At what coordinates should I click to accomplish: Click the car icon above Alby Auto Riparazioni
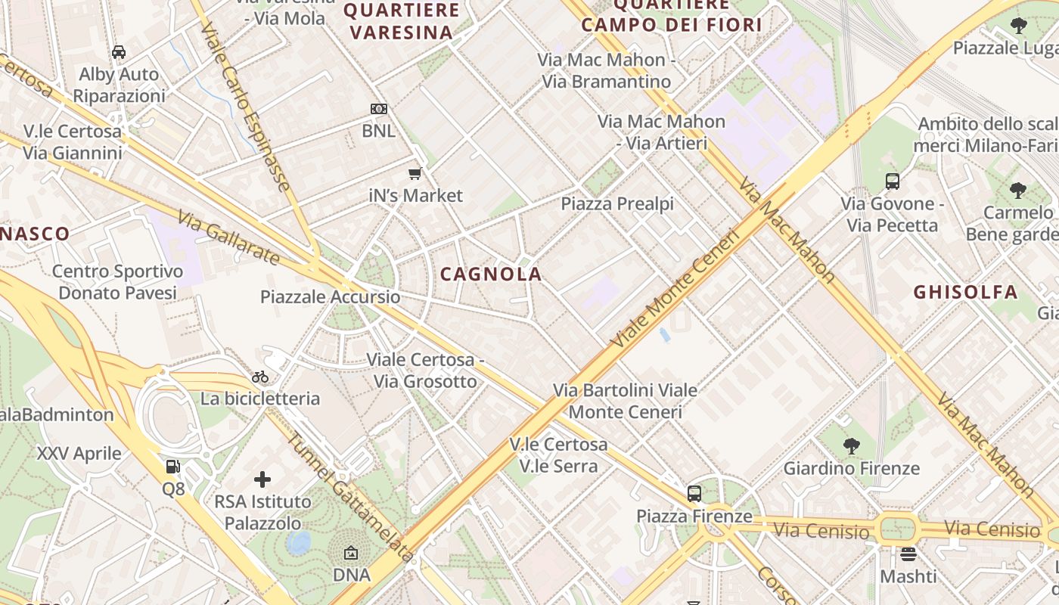pos(119,52)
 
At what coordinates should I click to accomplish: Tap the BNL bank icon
pos(378,109)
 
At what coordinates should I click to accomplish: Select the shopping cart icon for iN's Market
pos(415,174)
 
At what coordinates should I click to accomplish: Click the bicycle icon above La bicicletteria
pos(260,377)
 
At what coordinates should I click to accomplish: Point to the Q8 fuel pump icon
pos(173,467)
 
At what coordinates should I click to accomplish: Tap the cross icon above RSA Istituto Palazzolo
pos(262,479)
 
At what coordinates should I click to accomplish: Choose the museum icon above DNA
pos(352,554)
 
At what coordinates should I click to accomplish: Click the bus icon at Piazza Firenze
pos(694,494)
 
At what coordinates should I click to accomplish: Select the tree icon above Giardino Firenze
pos(852,446)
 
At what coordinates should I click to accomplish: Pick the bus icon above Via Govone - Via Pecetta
pos(893,181)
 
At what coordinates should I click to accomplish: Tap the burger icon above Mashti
pos(908,554)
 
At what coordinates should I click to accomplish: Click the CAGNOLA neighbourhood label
pos(491,275)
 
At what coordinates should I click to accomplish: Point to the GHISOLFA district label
pos(965,292)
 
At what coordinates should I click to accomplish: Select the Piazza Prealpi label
pos(617,204)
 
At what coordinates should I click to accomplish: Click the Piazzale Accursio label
pos(330,297)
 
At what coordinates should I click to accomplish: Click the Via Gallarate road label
pos(229,237)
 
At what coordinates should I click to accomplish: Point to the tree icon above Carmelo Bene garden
pos(1018,190)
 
